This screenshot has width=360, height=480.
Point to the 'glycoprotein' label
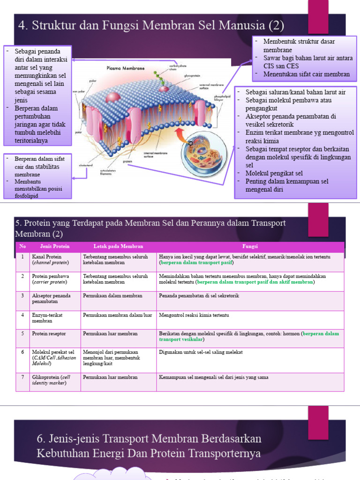pyautogui.click(x=192, y=75)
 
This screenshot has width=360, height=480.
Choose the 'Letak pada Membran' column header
pyautogui.click(x=118, y=247)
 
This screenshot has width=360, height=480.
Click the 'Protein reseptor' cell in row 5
pyautogui.click(x=49, y=334)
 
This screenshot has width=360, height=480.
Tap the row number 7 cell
pyautogui.click(x=22, y=377)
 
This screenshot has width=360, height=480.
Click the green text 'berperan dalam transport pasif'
pyautogui.click(x=196, y=263)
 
